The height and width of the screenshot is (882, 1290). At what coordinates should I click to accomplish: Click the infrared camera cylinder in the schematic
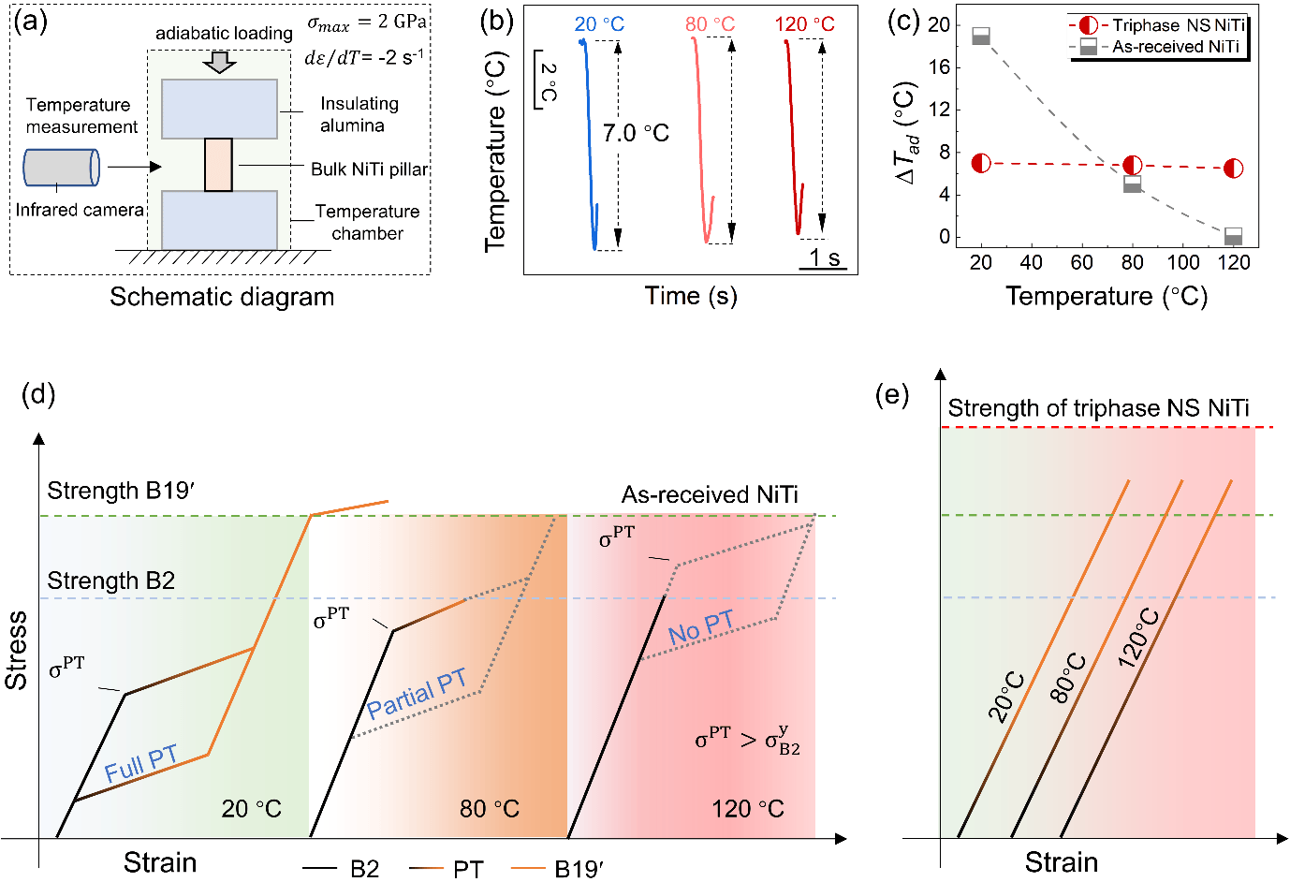(61, 169)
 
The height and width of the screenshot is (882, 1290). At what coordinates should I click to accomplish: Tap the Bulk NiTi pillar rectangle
(218, 165)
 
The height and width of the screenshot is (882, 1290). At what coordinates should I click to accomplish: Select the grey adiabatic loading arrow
(220, 62)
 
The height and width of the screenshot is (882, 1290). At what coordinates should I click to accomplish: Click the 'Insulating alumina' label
(359, 114)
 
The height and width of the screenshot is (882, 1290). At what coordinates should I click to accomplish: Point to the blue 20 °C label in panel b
(599, 23)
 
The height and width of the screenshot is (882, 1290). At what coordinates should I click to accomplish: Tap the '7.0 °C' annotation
(636, 133)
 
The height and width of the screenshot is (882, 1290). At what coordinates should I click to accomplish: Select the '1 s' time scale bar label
(824, 257)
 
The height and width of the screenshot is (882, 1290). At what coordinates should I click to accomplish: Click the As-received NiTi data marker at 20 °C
(981, 36)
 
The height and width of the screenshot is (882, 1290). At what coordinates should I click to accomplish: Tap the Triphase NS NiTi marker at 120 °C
(1234, 169)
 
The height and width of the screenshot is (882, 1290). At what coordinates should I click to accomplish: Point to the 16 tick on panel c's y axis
(939, 67)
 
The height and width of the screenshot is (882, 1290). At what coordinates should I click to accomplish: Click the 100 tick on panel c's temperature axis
(1183, 262)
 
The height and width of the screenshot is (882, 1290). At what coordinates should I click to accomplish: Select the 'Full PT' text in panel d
(140, 764)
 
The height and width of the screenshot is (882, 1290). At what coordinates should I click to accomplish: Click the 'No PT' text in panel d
(701, 627)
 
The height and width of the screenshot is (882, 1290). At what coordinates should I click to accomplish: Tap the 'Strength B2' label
(110, 581)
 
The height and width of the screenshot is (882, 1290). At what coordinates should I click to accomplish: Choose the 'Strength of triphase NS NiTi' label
(1098, 408)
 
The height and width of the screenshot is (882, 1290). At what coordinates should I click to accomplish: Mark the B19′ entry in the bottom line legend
(579, 869)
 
